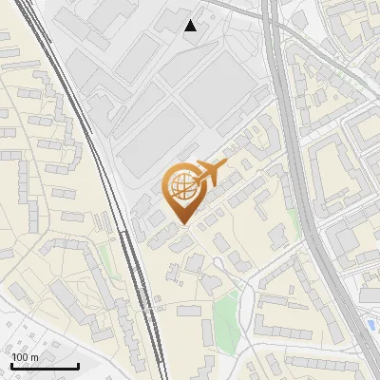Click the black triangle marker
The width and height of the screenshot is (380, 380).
[191, 26]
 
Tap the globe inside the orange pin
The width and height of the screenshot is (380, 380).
[180, 187]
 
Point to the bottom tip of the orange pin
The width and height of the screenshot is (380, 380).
[183, 224]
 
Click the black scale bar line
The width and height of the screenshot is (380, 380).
[44, 366]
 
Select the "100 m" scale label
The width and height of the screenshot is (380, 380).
[25, 357]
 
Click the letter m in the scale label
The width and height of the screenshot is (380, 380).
[34, 357]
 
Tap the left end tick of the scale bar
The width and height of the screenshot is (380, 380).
[10, 364]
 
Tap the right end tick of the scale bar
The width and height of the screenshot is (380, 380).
[78, 364]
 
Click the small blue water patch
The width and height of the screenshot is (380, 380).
[370, 326]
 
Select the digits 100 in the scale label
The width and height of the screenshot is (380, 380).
[20, 357]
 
